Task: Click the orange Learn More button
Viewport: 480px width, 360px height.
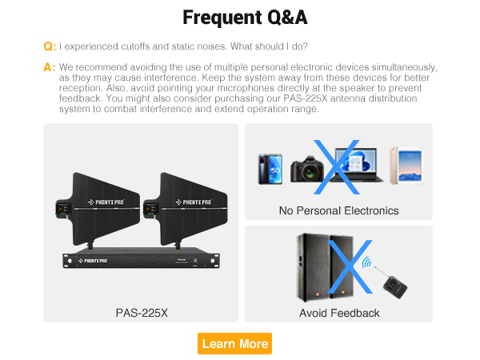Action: tap(234, 343)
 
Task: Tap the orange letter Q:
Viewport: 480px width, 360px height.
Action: tap(50, 46)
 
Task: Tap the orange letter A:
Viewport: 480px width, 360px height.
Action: tap(50, 67)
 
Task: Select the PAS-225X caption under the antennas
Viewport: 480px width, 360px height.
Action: tap(142, 312)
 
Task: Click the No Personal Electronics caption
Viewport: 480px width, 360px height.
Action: tap(338, 211)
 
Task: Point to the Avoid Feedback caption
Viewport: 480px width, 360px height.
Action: tap(339, 313)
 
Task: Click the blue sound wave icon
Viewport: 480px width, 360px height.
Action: tap(368, 262)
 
